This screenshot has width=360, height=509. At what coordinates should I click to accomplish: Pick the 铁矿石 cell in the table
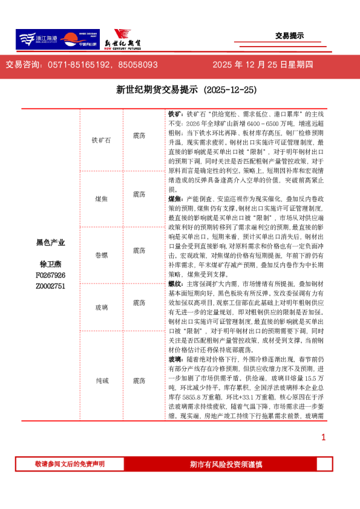tap(102, 139)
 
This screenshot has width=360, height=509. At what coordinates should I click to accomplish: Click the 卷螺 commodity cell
tap(102, 250)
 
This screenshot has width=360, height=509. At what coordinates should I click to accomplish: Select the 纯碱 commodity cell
tap(102, 381)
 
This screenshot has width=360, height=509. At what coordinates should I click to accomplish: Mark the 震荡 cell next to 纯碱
tap(139, 381)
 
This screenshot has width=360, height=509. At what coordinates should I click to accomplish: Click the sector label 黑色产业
tap(51, 242)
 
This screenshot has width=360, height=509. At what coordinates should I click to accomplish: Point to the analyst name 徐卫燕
tap(51, 264)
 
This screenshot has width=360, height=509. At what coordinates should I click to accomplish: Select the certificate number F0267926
tap(51, 275)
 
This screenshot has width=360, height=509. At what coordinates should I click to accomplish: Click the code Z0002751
tap(51, 286)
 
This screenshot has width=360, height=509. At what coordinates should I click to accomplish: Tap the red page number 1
tap(324, 437)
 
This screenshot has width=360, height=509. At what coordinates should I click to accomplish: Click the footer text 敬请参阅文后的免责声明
tap(70, 464)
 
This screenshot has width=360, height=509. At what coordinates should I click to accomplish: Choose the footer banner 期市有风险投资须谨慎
tap(226, 464)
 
